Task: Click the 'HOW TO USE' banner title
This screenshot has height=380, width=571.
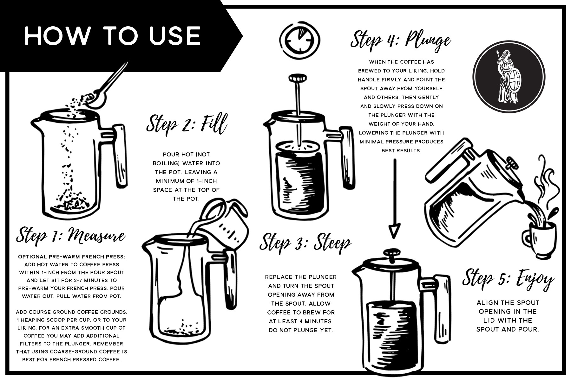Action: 113,35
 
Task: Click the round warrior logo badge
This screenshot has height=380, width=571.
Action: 509,77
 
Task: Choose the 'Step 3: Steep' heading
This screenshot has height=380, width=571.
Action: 305,243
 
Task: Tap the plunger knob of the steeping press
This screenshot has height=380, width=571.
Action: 298,78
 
